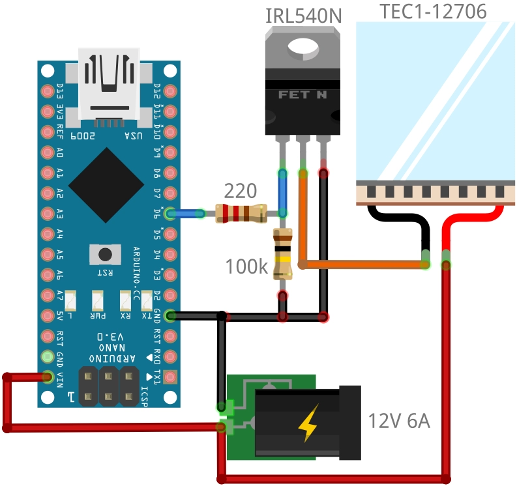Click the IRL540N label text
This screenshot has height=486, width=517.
pos(303,15)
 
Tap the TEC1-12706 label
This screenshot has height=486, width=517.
pos(433,11)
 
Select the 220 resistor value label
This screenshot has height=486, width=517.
pos(241,191)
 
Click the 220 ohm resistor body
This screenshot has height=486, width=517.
pos(241,213)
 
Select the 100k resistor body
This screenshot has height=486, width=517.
pos(282,253)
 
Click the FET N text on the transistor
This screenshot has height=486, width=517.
pos(303,94)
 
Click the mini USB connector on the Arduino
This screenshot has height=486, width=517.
pos(108,85)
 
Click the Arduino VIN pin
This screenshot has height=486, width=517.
pos(47,377)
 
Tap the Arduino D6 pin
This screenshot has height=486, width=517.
pos(170,213)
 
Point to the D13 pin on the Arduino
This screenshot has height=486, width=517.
pos(47,91)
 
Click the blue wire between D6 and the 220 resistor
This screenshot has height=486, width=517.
pos(190,213)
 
